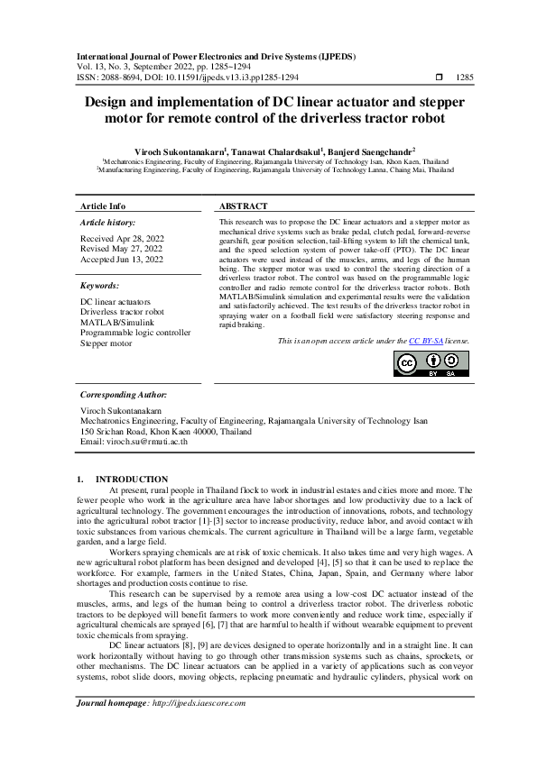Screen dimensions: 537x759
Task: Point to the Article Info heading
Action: (103, 206)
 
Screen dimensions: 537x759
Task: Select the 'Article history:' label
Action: (108, 222)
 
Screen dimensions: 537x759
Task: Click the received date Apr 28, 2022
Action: (121, 239)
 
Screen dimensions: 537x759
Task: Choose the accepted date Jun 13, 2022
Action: (122, 260)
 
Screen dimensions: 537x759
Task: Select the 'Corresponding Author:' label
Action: (123, 394)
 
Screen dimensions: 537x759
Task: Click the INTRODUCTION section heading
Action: (131, 479)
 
